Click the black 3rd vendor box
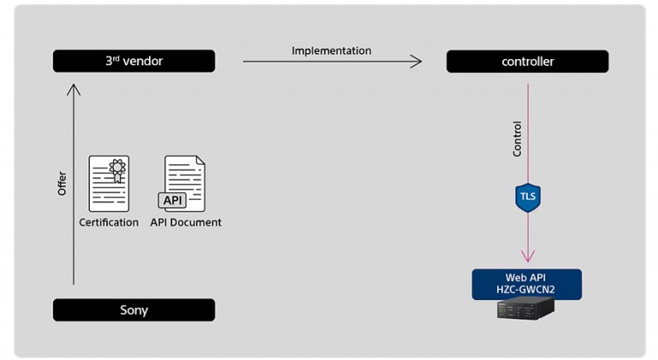[134, 61]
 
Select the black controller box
[528, 62]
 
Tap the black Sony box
[134, 310]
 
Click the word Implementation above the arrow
[332, 51]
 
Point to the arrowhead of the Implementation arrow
[416, 62]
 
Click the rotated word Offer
[62, 183]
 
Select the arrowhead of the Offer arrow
[74, 89]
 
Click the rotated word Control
[517, 139]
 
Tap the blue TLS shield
[528, 197]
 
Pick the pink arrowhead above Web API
[528, 256]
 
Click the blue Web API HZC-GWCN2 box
[527, 285]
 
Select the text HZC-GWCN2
[525, 290]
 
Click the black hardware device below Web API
[526, 309]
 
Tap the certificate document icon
[109, 183]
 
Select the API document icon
[182, 183]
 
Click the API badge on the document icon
[172, 201]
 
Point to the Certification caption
[109, 223]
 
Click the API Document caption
[186, 223]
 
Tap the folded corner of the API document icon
[200, 160]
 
